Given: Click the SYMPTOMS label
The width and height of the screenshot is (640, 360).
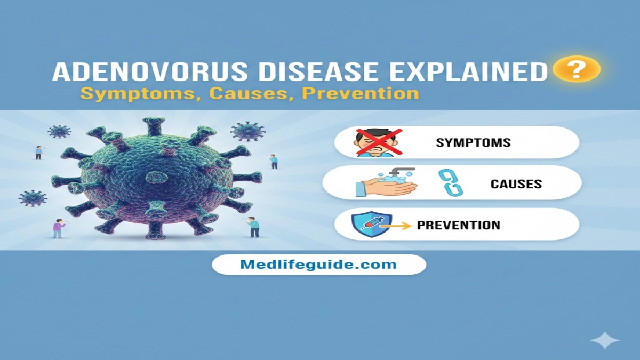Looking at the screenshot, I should pos(473,142).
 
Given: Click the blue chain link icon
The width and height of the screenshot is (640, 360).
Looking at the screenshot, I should pos(450,182).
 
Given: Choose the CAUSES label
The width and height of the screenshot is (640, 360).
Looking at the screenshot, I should pos(516,185).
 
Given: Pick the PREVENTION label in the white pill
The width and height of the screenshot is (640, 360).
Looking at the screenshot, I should pos(459,225).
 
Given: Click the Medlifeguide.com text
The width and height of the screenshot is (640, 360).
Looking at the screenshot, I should pos(319,264).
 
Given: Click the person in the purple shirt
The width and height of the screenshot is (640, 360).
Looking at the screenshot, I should pos(58,228).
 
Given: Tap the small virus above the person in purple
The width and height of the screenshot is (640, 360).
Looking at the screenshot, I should pos(33,198).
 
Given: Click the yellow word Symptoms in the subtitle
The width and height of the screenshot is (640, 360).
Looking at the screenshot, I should pos(139,94).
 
